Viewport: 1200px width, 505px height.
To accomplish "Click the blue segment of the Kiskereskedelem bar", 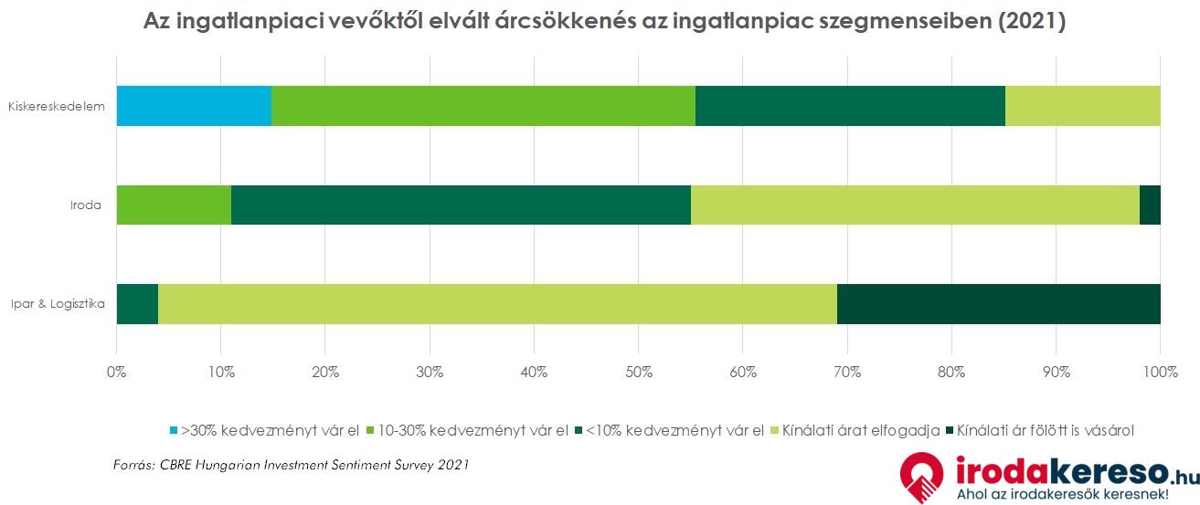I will click(194, 106).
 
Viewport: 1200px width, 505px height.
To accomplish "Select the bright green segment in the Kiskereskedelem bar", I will click(483, 106).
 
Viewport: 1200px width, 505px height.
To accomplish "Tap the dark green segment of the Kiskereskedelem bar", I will click(850, 106).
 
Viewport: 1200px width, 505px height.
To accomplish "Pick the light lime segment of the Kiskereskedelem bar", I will click(1082, 106).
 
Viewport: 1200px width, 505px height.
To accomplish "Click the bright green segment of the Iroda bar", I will click(174, 205).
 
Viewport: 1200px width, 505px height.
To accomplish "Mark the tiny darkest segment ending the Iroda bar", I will click(1150, 205).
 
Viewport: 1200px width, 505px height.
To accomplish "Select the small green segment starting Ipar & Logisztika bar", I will click(137, 304).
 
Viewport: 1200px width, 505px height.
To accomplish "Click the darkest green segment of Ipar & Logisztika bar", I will click(998, 304).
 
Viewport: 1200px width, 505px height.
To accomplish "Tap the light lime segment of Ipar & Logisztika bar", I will click(497, 304).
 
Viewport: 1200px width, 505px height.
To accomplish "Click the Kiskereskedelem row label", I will click(57, 107).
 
